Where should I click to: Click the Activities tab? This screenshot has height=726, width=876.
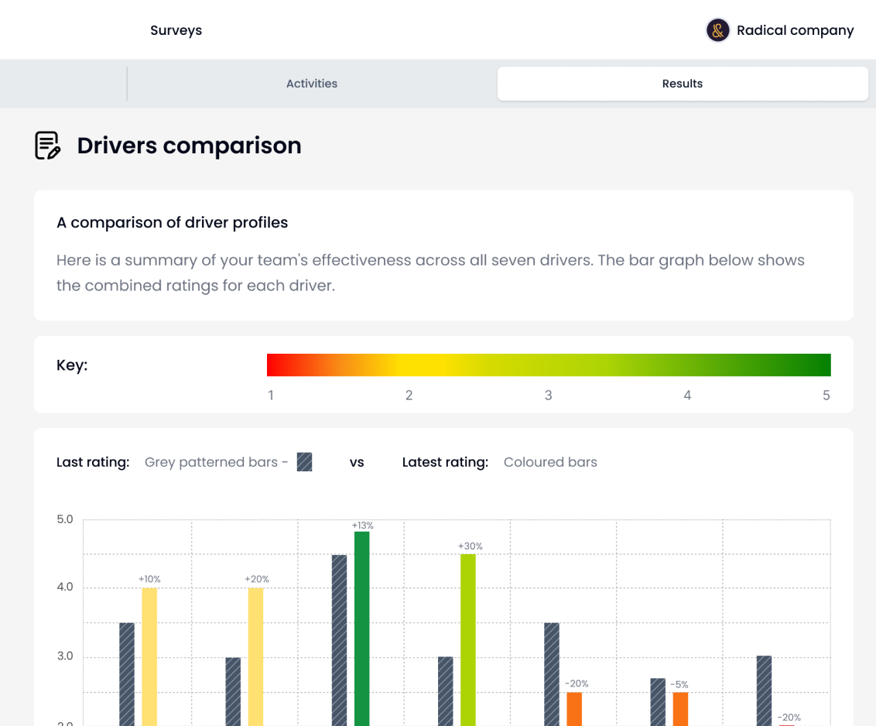click(312, 84)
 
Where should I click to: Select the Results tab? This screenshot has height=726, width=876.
click(682, 84)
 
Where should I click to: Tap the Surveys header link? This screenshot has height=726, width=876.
click(176, 31)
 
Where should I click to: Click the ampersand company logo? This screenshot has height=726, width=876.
click(718, 31)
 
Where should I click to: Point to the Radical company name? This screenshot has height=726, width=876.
click(795, 31)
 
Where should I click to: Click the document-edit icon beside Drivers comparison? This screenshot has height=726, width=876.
click(48, 146)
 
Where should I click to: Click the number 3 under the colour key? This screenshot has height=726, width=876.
click(548, 396)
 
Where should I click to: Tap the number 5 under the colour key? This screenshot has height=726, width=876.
click(826, 396)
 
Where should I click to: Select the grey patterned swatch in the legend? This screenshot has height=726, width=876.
click(305, 462)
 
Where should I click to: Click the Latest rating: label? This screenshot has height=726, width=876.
click(445, 462)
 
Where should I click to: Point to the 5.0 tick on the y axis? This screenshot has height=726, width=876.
click(65, 519)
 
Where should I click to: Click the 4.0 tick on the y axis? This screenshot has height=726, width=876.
click(65, 587)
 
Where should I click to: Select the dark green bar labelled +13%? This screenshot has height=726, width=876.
click(361, 627)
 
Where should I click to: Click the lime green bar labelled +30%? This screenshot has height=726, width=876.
click(468, 639)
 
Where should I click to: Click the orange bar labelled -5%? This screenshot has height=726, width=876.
click(680, 708)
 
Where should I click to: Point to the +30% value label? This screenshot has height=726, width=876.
click(470, 546)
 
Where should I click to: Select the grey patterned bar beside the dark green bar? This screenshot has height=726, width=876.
click(339, 639)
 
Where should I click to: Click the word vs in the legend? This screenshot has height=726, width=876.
click(357, 462)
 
